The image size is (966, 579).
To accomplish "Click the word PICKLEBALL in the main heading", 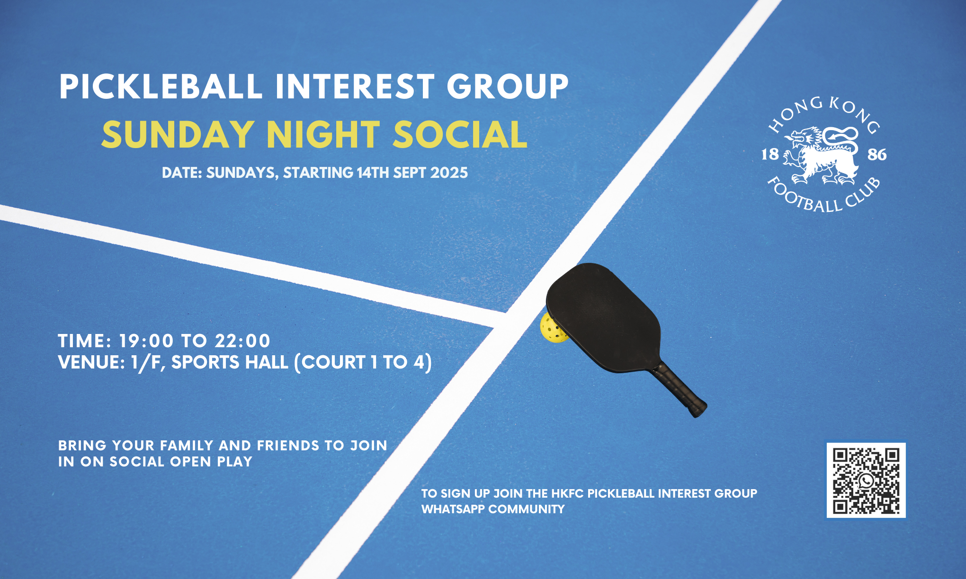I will tap(161, 87).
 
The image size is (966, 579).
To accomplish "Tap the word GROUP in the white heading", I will tap(508, 87).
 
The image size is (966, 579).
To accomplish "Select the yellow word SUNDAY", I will tap(178, 135).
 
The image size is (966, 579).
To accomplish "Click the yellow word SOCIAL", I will tap(460, 135).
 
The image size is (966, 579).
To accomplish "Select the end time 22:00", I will tap(242, 341).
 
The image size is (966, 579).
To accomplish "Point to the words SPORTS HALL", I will tap(230, 362).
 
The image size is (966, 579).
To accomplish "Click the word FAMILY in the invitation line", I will tap(187, 446).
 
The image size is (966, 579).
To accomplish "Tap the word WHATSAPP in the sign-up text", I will tap(453, 509).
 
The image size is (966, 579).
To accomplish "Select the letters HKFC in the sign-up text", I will tap(567, 494).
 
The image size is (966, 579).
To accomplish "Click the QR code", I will tap(866, 480).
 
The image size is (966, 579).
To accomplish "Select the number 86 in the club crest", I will tap(877, 155).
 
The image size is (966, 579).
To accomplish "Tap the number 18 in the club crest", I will tap(769, 154).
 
